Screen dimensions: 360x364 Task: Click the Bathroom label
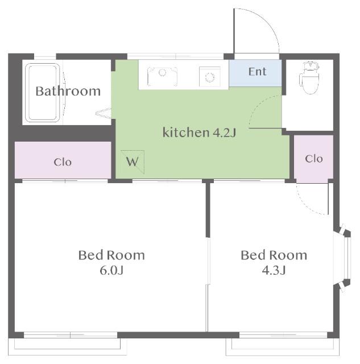coord(68,91)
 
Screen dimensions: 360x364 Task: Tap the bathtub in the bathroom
coord(42,93)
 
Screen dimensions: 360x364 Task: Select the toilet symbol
coord(310,77)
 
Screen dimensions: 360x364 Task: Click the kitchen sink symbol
coord(162,76)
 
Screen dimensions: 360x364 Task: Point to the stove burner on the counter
coord(210,77)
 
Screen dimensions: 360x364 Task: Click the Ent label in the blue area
coord(257,72)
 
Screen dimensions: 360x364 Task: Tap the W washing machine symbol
coord(133,162)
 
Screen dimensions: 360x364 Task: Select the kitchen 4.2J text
coord(200,133)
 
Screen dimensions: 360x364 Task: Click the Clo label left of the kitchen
coord(63,162)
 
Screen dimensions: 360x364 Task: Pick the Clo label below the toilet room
coord(314,159)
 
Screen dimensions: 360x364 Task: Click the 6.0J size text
coord(111,270)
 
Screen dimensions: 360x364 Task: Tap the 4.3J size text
coord(274,270)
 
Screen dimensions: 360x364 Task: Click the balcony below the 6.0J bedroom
coord(67,346)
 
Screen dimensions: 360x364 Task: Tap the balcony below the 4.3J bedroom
coord(283,346)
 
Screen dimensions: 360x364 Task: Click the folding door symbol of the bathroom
coord(104,114)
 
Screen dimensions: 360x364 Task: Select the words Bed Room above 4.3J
coord(274,255)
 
